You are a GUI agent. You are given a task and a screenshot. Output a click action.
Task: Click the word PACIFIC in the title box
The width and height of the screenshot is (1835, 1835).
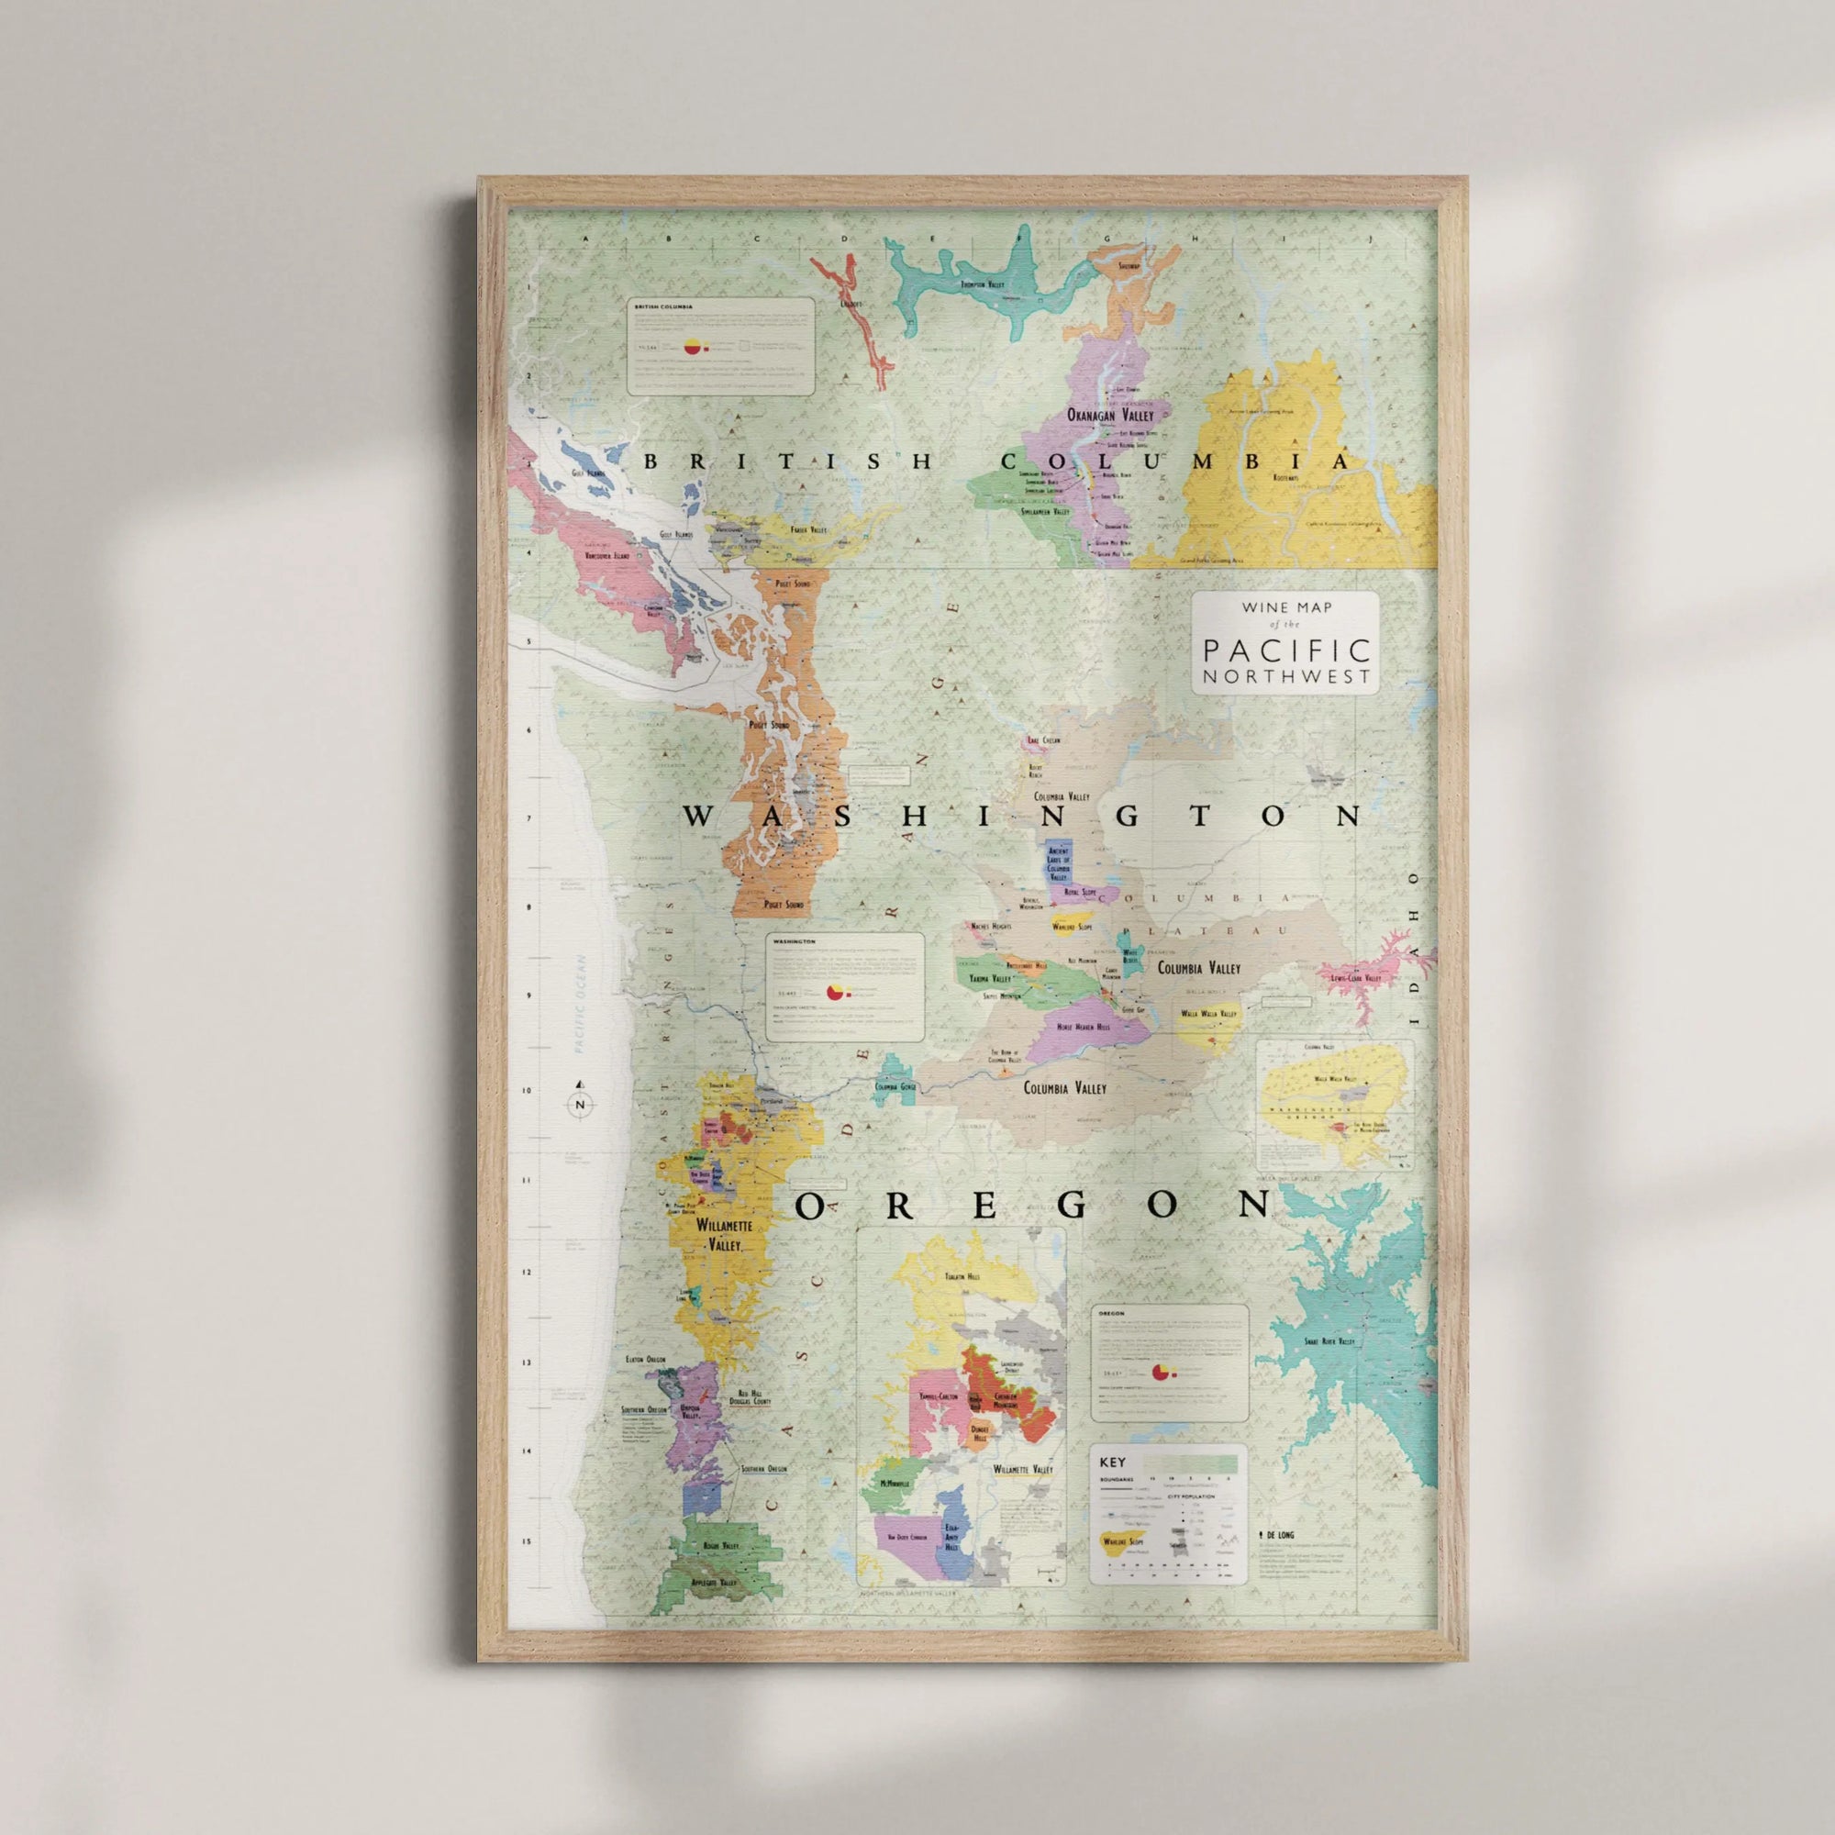[x=1286, y=651]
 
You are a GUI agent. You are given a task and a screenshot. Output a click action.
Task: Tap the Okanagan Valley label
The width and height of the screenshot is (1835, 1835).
[x=1109, y=415]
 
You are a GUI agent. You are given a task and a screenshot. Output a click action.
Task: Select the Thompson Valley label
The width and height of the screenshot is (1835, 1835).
[x=983, y=284]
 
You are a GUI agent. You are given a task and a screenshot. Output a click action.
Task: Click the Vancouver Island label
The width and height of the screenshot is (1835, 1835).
[x=608, y=555]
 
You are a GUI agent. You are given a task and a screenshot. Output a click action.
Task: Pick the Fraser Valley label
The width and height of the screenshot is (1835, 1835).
[x=808, y=530]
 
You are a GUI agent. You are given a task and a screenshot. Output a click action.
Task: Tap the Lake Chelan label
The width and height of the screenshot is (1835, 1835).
[x=1043, y=740]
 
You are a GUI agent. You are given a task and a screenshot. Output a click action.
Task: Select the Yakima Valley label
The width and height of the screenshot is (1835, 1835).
[x=990, y=978]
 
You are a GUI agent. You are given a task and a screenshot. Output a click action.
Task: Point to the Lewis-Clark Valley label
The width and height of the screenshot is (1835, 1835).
[x=1355, y=977]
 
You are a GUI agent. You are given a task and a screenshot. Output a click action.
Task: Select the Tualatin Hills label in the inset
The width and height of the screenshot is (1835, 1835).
[x=953, y=1277]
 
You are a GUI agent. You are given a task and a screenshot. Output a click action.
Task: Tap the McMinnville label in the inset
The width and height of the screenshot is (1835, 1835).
[x=894, y=1483]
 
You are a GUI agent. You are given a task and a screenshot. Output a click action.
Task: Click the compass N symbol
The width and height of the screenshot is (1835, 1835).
[x=581, y=1105]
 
